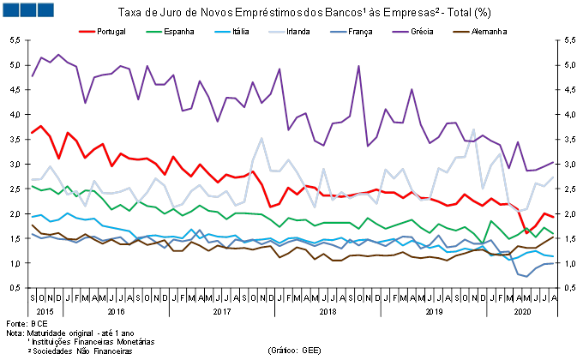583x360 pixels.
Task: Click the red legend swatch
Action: tap(87, 32)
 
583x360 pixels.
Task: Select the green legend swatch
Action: tap(154, 32)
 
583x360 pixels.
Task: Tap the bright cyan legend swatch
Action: tap(223, 32)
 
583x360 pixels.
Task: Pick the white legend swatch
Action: tap(277, 32)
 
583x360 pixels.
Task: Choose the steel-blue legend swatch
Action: tap(339, 32)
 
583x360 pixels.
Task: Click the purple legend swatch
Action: tap(400, 32)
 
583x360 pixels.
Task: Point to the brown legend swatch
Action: tap(461, 32)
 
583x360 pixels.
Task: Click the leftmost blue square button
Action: tap(10, 9)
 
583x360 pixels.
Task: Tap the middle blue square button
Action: tap(27, 9)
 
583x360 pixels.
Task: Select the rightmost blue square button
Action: tap(45, 9)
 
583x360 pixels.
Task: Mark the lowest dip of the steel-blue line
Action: tap(526, 277)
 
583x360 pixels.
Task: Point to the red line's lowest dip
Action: tap(527, 233)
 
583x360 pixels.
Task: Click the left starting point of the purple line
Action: tap(32, 76)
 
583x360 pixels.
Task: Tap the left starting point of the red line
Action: tap(32, 133)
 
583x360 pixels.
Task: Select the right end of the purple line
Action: tap(553, 162)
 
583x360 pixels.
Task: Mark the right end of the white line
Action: tap(553, 177)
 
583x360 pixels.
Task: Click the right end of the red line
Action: tap(553, 217)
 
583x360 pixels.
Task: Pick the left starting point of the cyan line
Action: tap(32, 218)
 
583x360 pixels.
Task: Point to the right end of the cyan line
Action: tap(553, 256)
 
